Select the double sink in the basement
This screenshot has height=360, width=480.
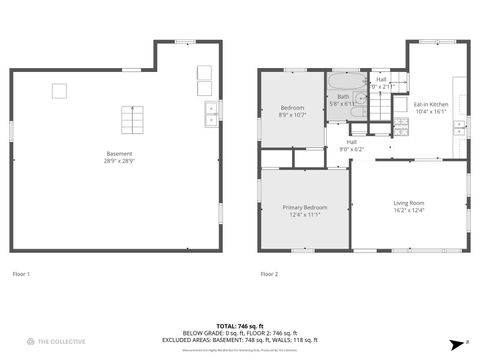click(x=211, y=113)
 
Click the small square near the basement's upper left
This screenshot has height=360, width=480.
click(x=59, y=91)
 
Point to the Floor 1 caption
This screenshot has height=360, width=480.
click(x=21, y=274)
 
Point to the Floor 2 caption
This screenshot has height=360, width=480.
click(x=269, y=274)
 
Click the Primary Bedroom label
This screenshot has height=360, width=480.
click(x=305, y=210)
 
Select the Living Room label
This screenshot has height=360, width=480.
click(x=408, y=206)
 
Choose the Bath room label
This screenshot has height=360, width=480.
click(x=343, y=100)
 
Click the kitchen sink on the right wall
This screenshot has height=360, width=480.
click(x=459, y=126)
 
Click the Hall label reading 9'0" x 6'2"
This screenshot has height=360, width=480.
click(x=352, y=145)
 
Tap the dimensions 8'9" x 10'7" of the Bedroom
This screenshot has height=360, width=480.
click(x=292, y=114)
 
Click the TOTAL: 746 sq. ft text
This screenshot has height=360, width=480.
click(x=240, y=326)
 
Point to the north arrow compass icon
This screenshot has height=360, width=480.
click(x=453, y=341)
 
